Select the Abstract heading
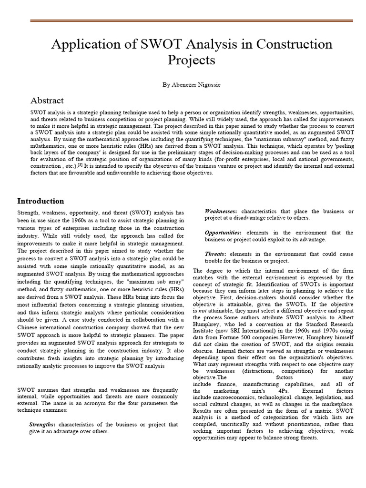pyautogui.click(x=47, y=101)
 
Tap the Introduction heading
pyautogui.click(x=41, y=201)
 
